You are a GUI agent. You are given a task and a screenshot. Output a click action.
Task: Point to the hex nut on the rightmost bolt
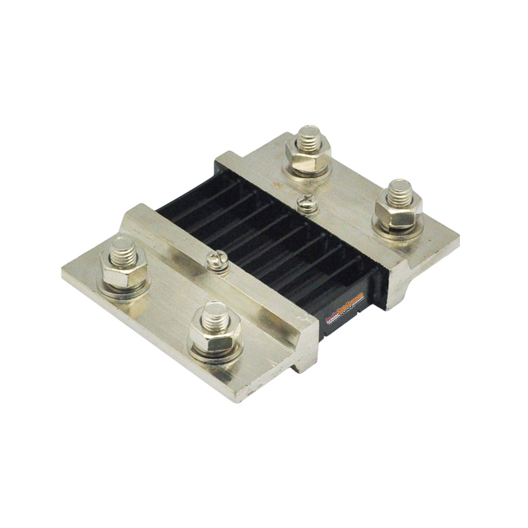398,211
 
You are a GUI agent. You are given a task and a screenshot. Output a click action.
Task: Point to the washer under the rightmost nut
397,225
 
